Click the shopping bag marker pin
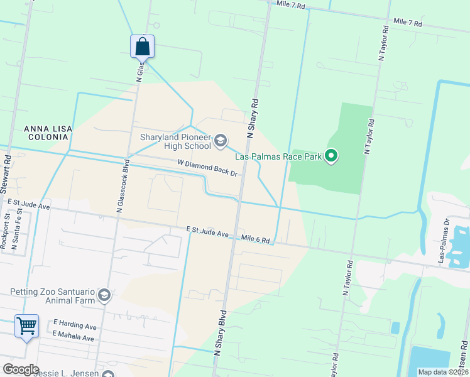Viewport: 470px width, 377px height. (143, 47)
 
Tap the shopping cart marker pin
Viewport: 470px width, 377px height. (27, 326)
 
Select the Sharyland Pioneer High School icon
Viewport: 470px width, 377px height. (220, 140)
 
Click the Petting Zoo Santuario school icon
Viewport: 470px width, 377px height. (104, 295)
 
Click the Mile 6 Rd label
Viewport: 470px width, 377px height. (256, 239)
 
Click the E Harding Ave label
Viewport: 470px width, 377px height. (75, 327)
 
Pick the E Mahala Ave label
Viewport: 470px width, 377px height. (74, 338)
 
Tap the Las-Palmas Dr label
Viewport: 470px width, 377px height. (445, 241)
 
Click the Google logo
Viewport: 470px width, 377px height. (21, 369)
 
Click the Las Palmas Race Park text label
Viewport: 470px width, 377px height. (278, 156)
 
